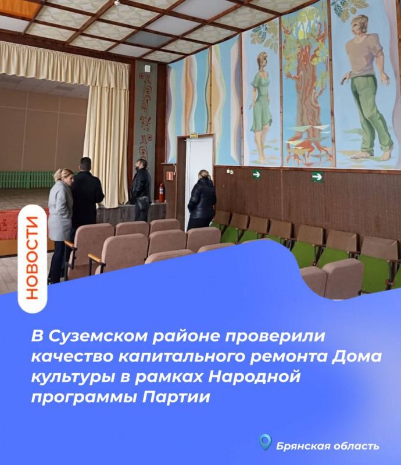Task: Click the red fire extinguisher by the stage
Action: [x=161, y=192]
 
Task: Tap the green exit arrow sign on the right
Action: [x=317, y=177]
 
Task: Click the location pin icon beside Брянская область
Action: [x=266, y=443]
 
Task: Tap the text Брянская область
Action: [x=328, y=446]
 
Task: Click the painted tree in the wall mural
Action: [x=306, y=87]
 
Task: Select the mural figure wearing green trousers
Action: [x=366, y=87]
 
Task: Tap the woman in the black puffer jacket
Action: [x=202, y=199]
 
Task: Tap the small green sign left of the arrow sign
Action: [x=256, y=174]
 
